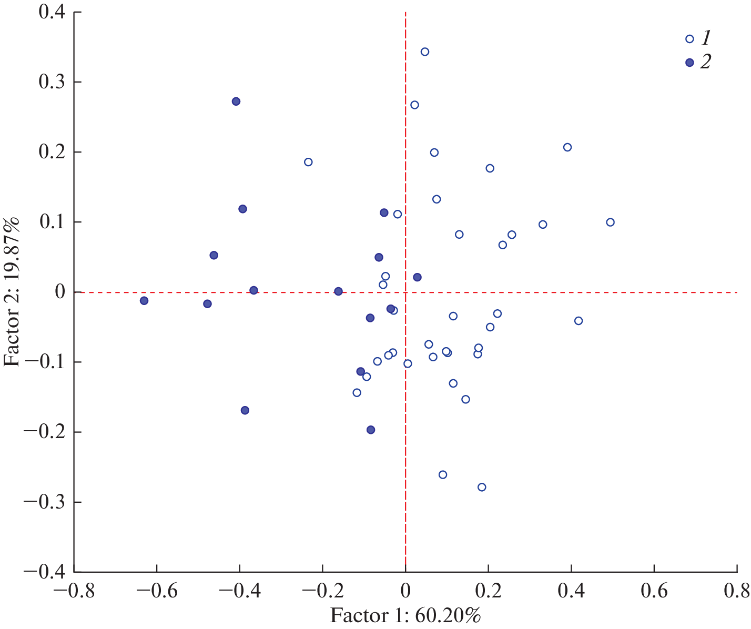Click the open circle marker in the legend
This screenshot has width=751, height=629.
click(x=689, y=39)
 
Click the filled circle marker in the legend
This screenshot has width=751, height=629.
click(x=689, y=63)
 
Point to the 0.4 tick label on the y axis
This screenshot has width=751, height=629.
click(x=52, y=12)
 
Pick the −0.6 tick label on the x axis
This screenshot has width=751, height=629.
click(x=156, y=590)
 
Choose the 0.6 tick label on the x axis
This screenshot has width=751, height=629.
click(x=654, y=590)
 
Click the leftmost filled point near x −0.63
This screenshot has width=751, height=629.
click(x=144, y=301)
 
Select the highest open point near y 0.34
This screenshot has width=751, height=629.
click(x=425, y=52)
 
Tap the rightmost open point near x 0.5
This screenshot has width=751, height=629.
click(x=610, y=222)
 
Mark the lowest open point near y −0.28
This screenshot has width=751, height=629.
click(x=482, y=487)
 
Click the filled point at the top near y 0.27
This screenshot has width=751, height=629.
click(x=236, y=102)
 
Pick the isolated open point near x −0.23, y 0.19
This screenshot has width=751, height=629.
click(x=308, y=162)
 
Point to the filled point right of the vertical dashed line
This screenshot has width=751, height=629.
click(x=417, y=277)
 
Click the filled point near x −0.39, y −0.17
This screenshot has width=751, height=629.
click(x=245, y=410)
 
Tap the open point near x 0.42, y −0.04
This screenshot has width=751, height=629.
click(x=579, y=321)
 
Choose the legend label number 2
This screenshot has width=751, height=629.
click(x=705, y=63)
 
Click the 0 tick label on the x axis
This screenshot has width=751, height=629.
click(x=405, y=590)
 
